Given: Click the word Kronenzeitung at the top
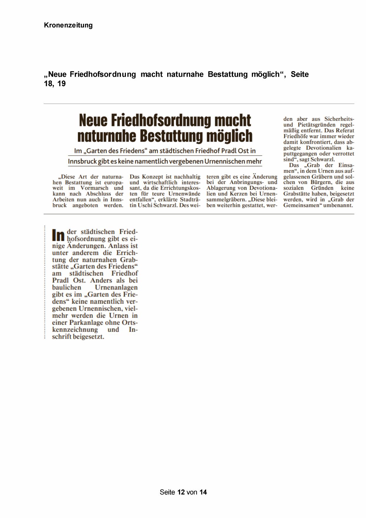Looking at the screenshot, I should [68, 25].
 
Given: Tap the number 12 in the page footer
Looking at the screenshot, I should [181, 492].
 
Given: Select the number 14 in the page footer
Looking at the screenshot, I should [203, 492].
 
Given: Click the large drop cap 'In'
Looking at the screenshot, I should [58, 235].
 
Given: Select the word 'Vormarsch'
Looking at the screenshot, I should [94, 188].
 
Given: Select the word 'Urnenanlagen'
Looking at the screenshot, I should [116, 287].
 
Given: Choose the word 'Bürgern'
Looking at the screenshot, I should [321, 182].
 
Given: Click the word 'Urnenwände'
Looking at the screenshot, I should [184, 194].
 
